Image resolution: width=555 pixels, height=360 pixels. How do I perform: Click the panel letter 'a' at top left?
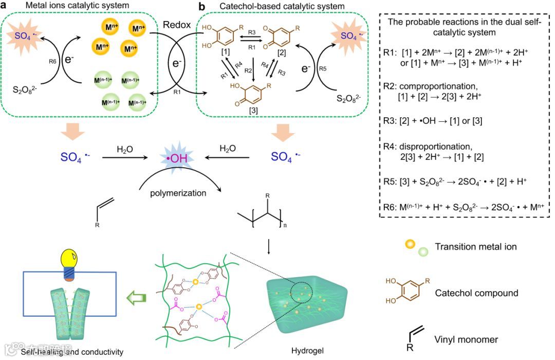pyautogui.click(x=4, y=6)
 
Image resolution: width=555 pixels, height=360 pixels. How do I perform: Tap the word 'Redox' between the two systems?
pyautogui.click(x=175, y=25)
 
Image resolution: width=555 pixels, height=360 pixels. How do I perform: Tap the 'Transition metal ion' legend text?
pyautogui.click(x=476, y=247)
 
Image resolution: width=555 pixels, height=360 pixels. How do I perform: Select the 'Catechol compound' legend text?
pyautogui.click(x=477, y=293)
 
